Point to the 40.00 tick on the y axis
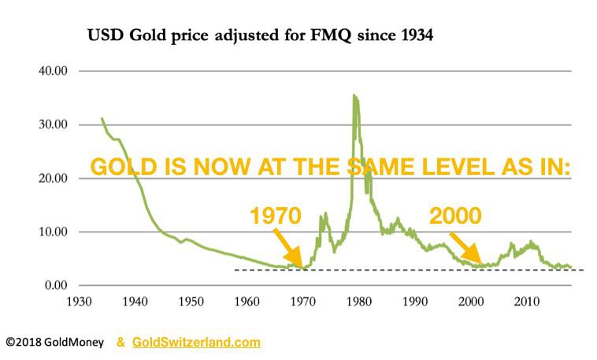click(53, 71)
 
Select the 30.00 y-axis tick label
click(53, 124)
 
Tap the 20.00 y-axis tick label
click(53, 178)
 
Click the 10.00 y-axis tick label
click(53, 232)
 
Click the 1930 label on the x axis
click(80, 302)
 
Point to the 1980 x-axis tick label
click(359, 302)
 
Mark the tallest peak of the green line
click(354, 97)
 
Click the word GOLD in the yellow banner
click(119, 168)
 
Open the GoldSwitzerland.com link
click(196, 343)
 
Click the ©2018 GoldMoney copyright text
click(54, 343)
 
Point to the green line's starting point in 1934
click(102, 119)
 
